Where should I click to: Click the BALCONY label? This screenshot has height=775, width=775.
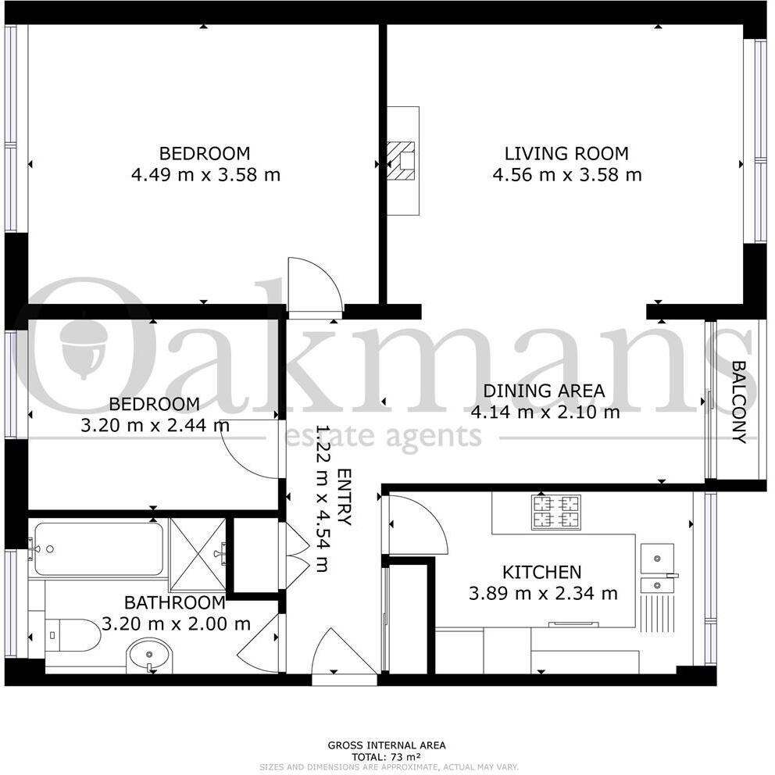pyautogui.click(x=739, y=402)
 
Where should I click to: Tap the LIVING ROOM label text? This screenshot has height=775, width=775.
pyautogui.click(x=566, y=154)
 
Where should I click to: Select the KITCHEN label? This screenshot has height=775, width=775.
pyautogui.click(x=541, y=573)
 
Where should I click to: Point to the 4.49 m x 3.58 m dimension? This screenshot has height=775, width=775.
pyautogui.click(x=205, y=175)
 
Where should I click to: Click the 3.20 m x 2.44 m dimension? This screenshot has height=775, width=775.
pyautogui.click(x=155, y=426)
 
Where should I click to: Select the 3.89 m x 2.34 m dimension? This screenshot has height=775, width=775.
pyautogui.click(x=543, y=594)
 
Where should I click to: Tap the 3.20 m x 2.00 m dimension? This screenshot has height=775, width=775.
pyautogui.click(x=176, y=624)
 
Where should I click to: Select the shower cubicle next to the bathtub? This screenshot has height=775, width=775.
pyautogui.click(x=198, y=553)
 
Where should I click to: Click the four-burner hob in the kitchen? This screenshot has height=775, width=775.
pyautogui.click(x=556, y=512)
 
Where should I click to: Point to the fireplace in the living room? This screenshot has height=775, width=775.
pyautogui.click(x=404, y=160)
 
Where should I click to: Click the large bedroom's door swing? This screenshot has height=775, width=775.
pyautogui.click(x=314, y=285)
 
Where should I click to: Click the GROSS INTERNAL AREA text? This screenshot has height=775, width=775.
pyautogui.click(x=386, y=745)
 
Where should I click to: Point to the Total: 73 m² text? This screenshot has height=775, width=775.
pyautogui.click(x=386, y=757)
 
